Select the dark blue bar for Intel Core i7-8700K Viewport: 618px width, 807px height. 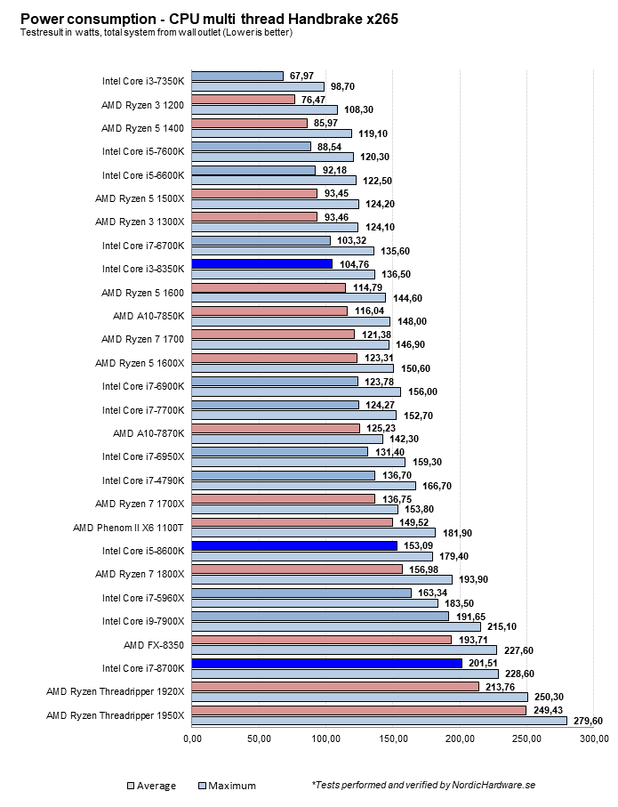tap(326, 663)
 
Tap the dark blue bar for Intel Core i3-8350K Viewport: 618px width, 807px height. tap(262, 264)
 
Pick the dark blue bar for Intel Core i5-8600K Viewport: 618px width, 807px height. tap(294, 545)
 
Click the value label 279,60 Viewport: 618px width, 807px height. tap(587, 721)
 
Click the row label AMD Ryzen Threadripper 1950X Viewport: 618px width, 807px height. tap(115, 714)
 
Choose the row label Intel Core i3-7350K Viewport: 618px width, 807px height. tap(143, 82)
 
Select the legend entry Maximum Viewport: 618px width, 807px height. tap(231, 786)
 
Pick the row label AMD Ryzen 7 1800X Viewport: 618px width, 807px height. tap(140, 574)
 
